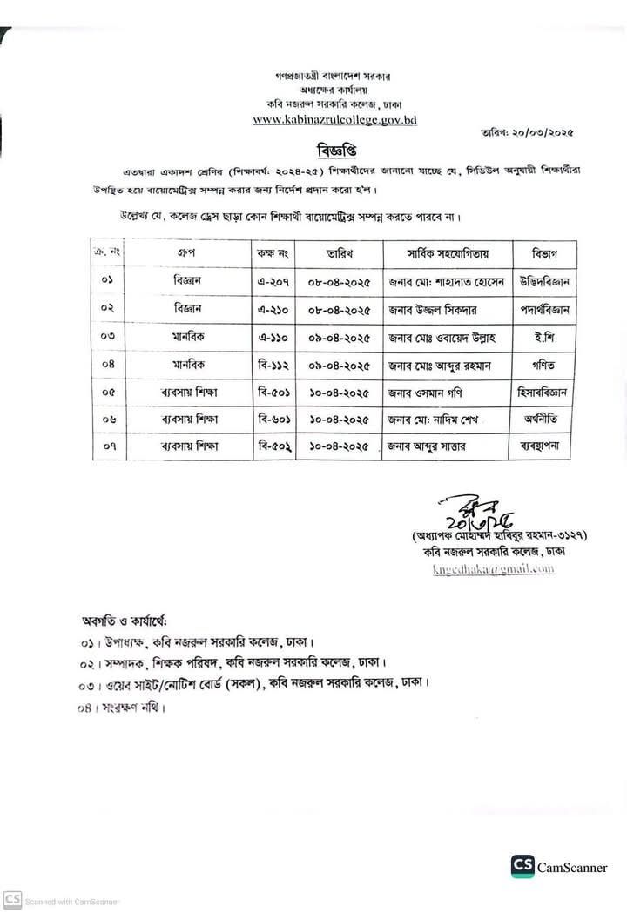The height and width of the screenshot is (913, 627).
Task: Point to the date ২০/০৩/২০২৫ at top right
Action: point(531,131)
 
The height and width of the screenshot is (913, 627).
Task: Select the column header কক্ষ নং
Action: point(272,254)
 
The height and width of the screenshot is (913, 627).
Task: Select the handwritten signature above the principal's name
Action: point(469,513)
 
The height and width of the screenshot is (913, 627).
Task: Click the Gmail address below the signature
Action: point(494,569)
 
